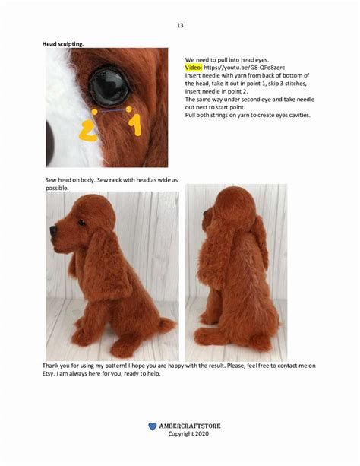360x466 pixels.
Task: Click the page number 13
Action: pos(180,25)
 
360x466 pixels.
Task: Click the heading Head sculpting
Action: pos(62,44)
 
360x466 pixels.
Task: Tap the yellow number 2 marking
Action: pos(88,128)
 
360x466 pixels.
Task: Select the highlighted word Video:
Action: pos(195,68)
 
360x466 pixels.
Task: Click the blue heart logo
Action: pos(152,426)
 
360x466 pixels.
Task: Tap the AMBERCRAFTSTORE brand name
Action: pos(190,426)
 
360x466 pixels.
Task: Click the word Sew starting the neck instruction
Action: pos(52,179)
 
